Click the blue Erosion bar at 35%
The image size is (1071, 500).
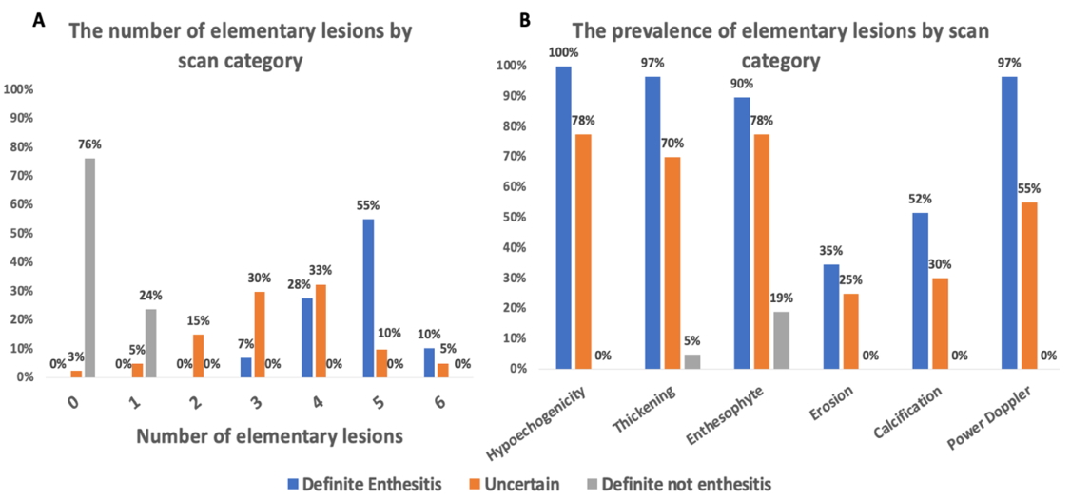831,316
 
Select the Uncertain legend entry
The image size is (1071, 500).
514,484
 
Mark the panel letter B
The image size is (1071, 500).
524,17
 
